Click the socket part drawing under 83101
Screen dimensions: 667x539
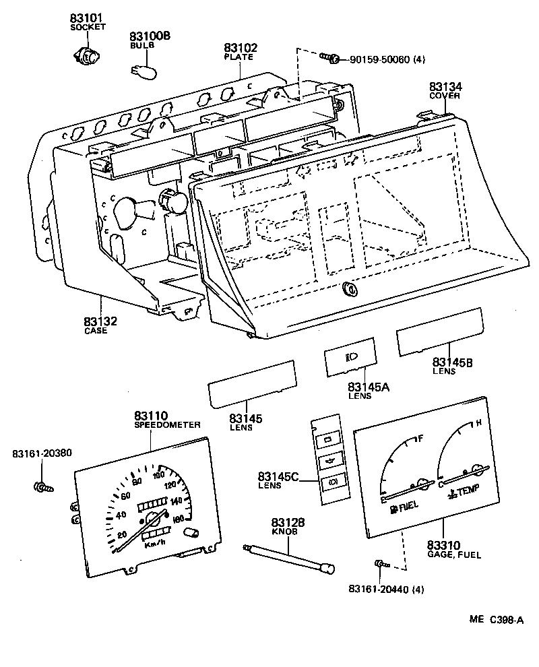(x=86, y=57)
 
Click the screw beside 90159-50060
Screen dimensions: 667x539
(x=331, y=59)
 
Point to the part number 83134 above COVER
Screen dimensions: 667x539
(x=445, y=87)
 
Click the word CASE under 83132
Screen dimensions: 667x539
(x=96, y=331)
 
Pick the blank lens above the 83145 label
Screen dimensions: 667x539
(x=252, y=383)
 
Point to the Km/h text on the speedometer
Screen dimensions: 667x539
(x=157, y=545)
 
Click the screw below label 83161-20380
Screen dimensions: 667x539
(x=42, y=486)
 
